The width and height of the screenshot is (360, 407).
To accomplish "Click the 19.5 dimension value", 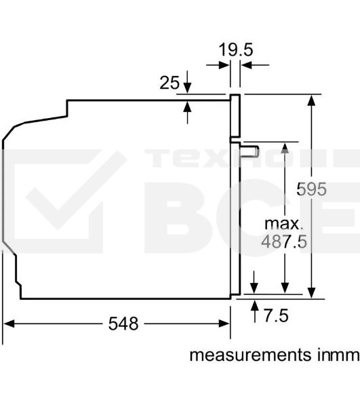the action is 236,50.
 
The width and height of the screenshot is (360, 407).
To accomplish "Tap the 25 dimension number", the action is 169,83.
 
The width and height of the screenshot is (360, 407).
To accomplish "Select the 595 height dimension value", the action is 311,189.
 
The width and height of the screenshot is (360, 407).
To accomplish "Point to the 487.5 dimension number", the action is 284,241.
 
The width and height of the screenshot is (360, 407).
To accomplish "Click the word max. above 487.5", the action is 284,224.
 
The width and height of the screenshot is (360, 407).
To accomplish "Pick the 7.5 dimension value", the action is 276,315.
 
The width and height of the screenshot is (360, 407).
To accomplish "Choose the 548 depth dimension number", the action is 123,324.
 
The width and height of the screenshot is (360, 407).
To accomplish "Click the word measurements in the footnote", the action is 250,355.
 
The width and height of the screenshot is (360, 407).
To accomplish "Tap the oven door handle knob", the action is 249,151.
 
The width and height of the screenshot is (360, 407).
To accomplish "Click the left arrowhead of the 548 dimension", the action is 9,324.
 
